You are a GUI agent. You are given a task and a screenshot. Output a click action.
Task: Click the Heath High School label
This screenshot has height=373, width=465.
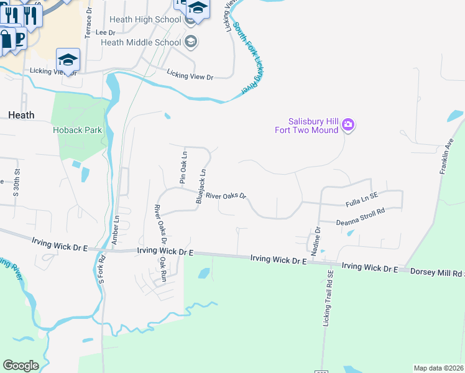coord(145,20)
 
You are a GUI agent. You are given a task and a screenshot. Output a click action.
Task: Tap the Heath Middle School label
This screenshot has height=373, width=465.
coord(140,42)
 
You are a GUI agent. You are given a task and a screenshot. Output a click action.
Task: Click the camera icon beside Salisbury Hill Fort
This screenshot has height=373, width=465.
coord(348,125)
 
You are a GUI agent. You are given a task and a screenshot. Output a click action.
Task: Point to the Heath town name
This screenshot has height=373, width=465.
coord(21,115)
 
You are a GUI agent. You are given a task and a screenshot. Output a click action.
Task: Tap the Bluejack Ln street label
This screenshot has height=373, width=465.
coord(201,186)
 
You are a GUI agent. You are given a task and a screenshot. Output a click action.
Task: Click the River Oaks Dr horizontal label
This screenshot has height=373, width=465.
coord(226,195)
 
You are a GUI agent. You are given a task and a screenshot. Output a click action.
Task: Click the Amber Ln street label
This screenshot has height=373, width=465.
coord(116,230)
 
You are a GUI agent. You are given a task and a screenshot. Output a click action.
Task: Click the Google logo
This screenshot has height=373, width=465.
coord(21,366)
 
